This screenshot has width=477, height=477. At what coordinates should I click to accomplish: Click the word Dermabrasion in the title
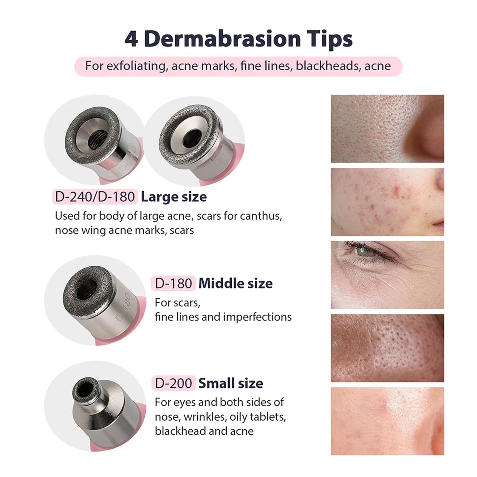pos(222,39)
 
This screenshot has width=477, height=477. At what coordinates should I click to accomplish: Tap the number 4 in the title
pos(131,39)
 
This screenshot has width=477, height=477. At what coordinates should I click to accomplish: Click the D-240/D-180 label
pos(95,197)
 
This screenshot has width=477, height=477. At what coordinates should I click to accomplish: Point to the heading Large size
pos(174,197)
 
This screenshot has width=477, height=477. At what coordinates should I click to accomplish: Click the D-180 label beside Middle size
pos(173,283)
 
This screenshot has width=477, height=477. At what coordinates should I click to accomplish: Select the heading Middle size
pos(235,283)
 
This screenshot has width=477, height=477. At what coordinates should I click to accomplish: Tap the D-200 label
pos(173,383)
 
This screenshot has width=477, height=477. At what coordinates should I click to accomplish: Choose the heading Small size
pos(230,383)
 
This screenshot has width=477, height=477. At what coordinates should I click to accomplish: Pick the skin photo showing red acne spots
pos(387,202)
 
